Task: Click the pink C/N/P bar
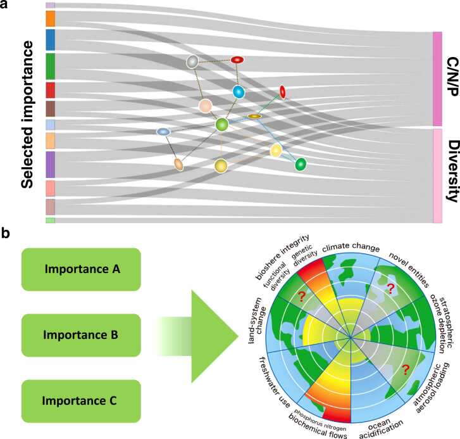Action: point(437,79)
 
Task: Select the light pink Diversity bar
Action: point(437,175)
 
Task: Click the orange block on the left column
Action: point(51,18)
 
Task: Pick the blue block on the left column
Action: point(51,39)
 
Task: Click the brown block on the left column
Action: point(51,108)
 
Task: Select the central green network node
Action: point(221,125)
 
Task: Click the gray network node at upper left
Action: point(193,61)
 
